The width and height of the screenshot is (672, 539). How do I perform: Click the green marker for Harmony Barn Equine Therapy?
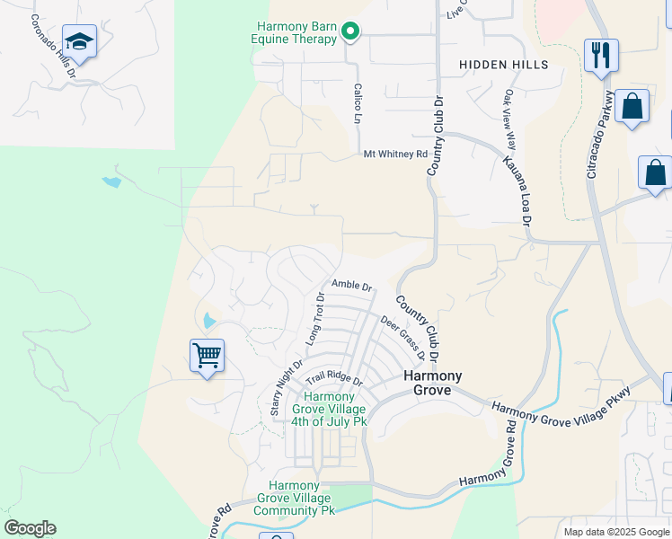pos(350,34)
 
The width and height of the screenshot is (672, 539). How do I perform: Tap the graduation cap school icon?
pos(80,42)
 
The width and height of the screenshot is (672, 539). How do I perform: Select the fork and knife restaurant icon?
pos(599,55)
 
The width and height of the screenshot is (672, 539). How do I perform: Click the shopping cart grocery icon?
pos(207,356)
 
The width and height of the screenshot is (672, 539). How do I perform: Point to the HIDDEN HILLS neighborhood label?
pos(503,65)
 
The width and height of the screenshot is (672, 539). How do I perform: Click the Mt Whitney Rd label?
pos(395,155)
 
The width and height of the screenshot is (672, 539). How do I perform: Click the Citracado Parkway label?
pos(600,133)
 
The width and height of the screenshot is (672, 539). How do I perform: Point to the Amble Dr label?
pos(351,285)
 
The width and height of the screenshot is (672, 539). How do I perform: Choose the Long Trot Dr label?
pos(315,319)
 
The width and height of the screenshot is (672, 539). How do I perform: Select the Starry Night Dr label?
pos(287,387)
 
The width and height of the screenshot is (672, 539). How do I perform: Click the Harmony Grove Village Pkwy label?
pos(561,401)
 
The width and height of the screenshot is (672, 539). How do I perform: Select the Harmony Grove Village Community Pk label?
pos(294,498)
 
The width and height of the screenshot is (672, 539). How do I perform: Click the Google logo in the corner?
pos(30,528)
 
